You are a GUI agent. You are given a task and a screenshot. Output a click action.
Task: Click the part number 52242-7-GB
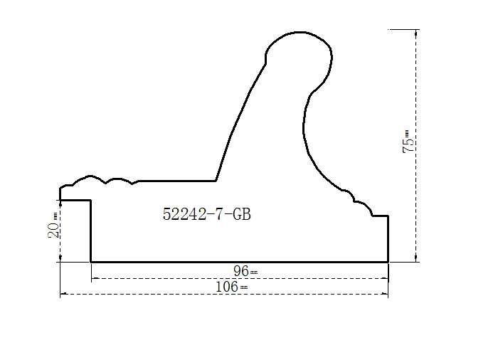tap(207, 214)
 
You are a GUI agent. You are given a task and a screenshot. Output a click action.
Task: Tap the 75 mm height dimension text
tap(408, 142)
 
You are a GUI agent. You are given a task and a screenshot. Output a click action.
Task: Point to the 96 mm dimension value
tap(245, 271)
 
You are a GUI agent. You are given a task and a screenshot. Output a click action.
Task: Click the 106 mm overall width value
tap(231, 287)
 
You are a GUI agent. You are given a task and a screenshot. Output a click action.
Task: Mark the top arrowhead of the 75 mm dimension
tap(416, 32)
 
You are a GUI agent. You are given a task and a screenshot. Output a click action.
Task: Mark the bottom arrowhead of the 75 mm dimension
tap(416, 259)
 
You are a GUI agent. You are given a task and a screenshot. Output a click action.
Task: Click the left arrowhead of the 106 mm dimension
tap(63, 295)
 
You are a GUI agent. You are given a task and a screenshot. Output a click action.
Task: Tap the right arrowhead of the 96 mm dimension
tap(386, 279)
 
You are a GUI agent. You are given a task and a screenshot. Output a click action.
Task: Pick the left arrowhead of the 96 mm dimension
tap(95, 279)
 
